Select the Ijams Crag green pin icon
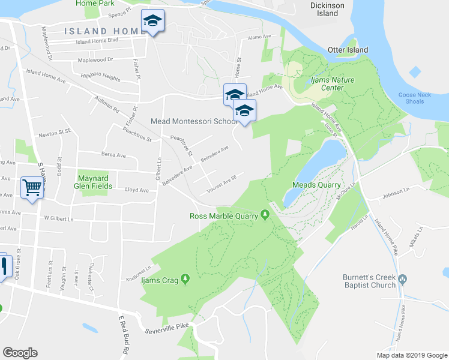point(185,278)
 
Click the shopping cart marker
point(32,187)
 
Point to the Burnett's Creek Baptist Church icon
point(402,279)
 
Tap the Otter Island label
point(348,50)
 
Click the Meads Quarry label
point(316,185)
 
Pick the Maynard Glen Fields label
point(92,182)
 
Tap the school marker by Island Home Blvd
point(152,22)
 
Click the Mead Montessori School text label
point(194,121)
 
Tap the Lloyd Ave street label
point(136,190)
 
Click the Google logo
point(20,352)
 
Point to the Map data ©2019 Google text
point(411,355)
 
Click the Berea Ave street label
point(113,155)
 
